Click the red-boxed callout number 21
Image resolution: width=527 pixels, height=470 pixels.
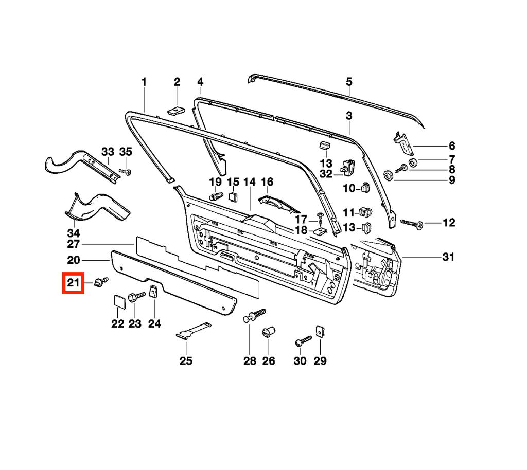point(73,283)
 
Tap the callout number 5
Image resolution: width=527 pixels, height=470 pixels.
point(349,82)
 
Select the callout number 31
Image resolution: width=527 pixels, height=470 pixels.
point(448,257)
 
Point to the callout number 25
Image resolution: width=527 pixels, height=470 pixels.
point(186,361)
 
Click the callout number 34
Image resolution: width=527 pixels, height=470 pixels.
point(74,233)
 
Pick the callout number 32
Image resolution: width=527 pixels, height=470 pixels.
point(326,174)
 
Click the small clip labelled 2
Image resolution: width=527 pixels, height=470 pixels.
point(176,111)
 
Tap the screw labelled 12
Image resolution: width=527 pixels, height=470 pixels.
point(412,224)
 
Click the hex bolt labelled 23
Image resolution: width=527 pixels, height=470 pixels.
point(136,297)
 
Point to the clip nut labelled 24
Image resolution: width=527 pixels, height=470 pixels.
point(153,291)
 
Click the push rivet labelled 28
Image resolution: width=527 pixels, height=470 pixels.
point(254,315)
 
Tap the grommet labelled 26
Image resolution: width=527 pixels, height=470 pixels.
point(269,332)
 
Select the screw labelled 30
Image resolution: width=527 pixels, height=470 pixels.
point(303,341)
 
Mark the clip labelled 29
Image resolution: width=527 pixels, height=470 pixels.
point(320,331)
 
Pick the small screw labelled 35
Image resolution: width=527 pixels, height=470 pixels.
point(126,172)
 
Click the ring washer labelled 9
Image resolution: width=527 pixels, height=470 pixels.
point(389,175)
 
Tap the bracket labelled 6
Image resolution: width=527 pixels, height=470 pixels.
point(404,143)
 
